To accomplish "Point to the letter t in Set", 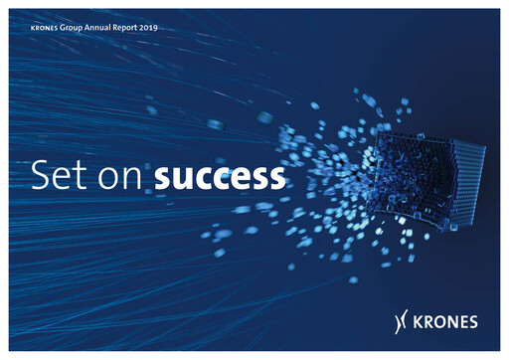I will (x=80, y=177).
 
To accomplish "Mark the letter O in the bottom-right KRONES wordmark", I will (x=444, y=320).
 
